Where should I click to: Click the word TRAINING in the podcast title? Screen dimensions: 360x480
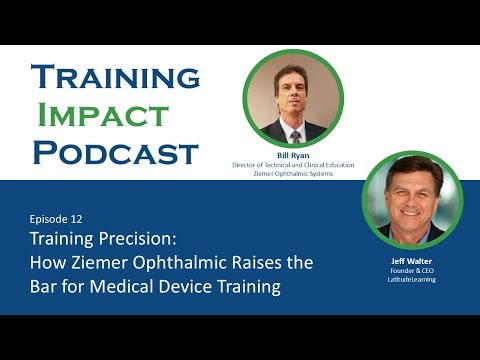(x=116, y=77)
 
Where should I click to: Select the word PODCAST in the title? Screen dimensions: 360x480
(x=116, y=152)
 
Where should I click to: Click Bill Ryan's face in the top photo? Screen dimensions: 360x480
(x=293, y=95)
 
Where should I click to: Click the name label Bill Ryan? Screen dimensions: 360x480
(x=293, y=156)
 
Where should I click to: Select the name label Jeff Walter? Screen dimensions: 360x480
(x=410, y=263)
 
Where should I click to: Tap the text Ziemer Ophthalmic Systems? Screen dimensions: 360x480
(x=293, y=174)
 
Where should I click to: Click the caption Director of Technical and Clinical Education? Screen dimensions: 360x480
(x=293, y=165)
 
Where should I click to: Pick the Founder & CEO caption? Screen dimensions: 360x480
(x=410, y=272)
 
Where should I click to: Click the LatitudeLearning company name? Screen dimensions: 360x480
(x=410, y=281)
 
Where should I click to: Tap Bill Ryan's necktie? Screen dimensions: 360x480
(x=294, y=131)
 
